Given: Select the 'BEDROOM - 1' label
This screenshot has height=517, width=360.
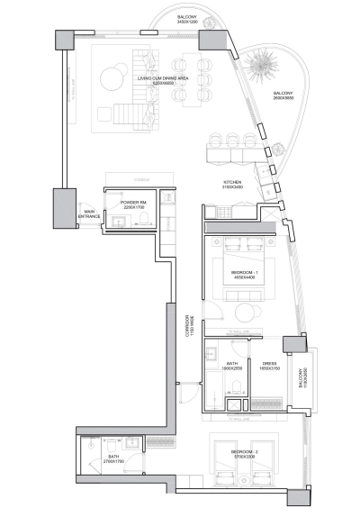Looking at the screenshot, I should point(245,274).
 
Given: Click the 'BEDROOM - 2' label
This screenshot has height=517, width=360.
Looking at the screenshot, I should point(245,453).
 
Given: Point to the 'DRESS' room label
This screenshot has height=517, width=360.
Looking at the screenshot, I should point(268,366).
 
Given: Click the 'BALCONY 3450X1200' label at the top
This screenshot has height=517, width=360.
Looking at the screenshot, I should point(186,19).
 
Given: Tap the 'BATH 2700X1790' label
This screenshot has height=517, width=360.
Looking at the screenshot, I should point(113,459).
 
